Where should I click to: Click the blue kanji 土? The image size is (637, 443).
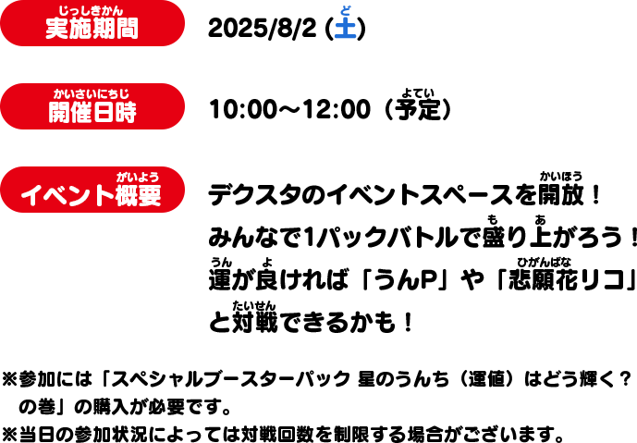[345, 28]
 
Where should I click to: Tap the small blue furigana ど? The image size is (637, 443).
[346, 10]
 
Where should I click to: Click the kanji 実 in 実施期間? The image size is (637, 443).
[57, 29]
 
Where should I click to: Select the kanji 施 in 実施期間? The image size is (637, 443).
[80, 29]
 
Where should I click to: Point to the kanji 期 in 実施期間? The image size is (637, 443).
[104, 29]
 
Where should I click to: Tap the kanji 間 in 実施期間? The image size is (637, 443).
[127, 29]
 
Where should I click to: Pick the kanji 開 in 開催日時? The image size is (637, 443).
[59, 112]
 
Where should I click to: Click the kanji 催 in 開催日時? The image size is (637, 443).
[81, 112]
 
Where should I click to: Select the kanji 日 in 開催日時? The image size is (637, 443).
[104, 112]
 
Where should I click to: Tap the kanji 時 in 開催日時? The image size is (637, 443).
[126, 112]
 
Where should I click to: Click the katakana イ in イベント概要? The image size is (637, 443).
[31, 195]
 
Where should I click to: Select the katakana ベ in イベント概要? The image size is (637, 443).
[53, 195]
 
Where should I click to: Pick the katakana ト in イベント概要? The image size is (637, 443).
[104, 195]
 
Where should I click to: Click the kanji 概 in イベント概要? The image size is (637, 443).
[127, 195]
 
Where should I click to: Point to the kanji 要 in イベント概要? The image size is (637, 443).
[150, 195]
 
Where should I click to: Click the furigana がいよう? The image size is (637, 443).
[138, 177]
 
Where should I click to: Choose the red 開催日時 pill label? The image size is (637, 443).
[92, 106]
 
